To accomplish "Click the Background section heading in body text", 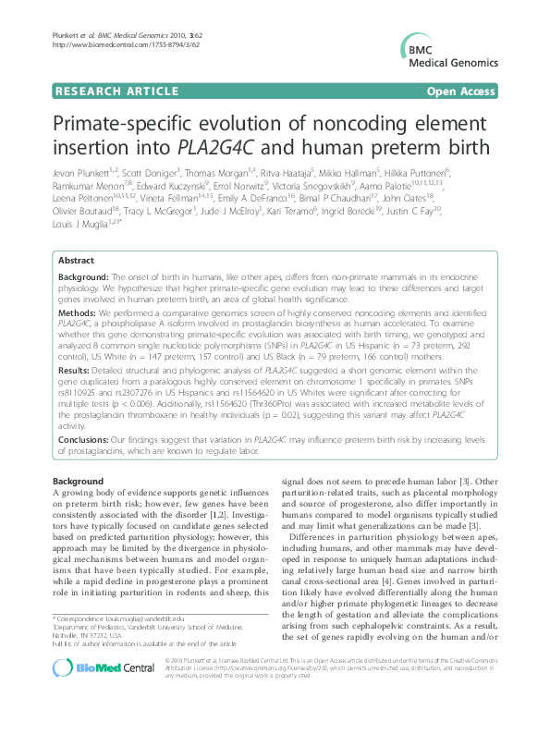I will pyautogui.click(x=78, y=482).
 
